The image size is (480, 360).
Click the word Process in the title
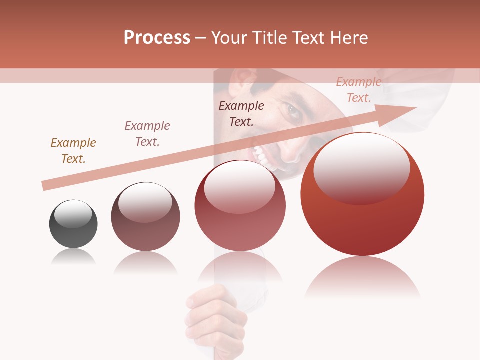(157, 38)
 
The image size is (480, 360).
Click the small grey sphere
(73, 224)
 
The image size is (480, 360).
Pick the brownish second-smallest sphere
(145, 220)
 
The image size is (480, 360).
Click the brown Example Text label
(73, 150)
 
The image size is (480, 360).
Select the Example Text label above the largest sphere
(359, 90)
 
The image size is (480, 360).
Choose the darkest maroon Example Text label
(241, 113)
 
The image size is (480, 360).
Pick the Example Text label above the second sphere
(147, 133)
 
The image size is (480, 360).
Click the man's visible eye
(294, 112)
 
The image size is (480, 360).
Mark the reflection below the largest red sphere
(362, 277)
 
